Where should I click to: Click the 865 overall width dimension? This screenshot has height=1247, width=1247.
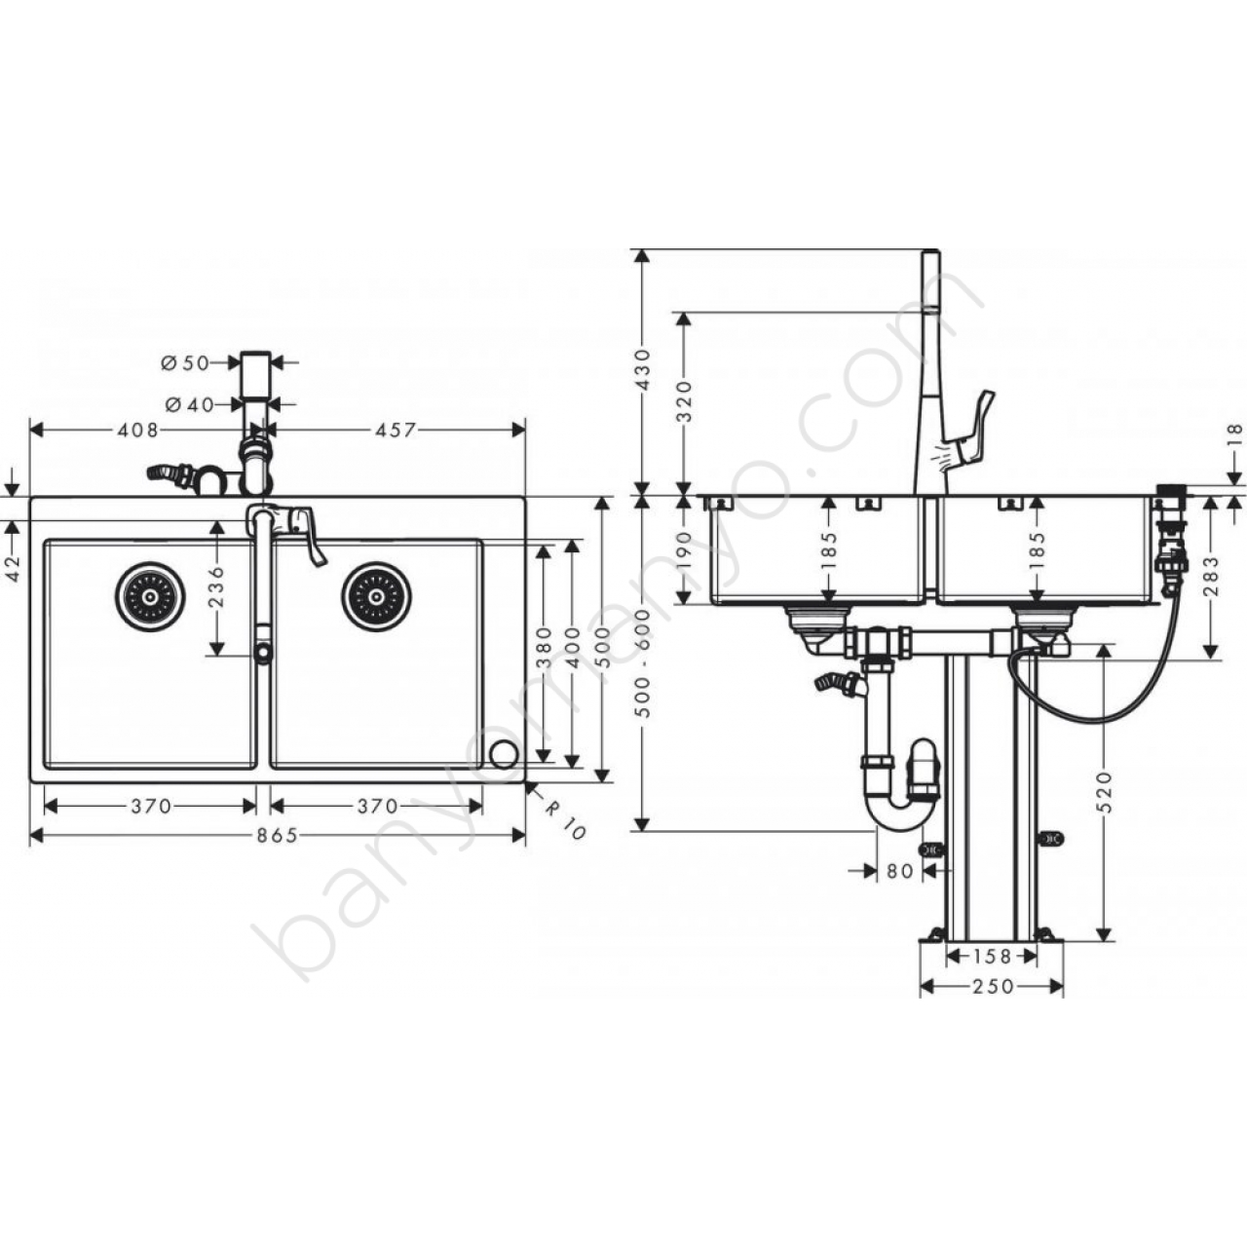[x=277, y=836]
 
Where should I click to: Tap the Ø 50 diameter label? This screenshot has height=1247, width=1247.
[x=185, y=363]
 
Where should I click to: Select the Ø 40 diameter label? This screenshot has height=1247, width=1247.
[x=190, y=404]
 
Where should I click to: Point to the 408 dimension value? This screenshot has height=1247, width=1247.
[x=137, y=430]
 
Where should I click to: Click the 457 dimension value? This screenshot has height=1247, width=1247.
[x=395, y=430]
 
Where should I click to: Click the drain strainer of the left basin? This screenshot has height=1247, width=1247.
[x=150, y=596]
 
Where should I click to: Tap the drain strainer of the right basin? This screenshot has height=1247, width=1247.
[x=377, y=596]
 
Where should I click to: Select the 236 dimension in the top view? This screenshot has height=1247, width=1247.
[x=217, y=586]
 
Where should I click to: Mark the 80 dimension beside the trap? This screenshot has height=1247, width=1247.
[x=899, y=871]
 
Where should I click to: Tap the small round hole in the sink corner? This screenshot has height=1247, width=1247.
[x=503, y=755]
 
